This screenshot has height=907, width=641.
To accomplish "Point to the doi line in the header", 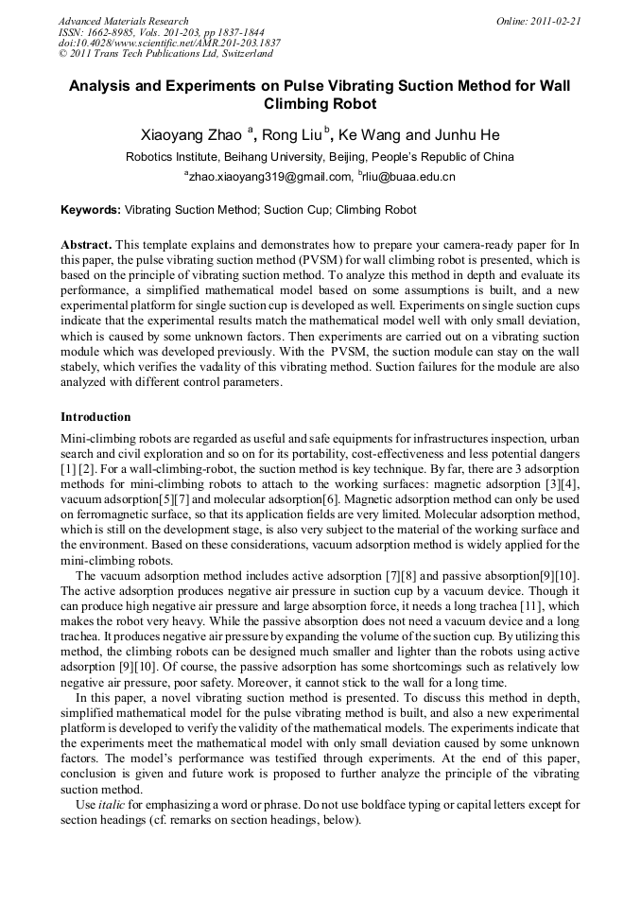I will click(x=169, y=44).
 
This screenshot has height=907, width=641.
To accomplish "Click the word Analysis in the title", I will click(x=106, y=85).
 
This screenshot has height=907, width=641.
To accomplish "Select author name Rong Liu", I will click(x=290, y=135).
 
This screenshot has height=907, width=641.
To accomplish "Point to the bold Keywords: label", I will click(x=91, y=210).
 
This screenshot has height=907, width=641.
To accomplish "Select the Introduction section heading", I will click(x=95, y=417).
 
